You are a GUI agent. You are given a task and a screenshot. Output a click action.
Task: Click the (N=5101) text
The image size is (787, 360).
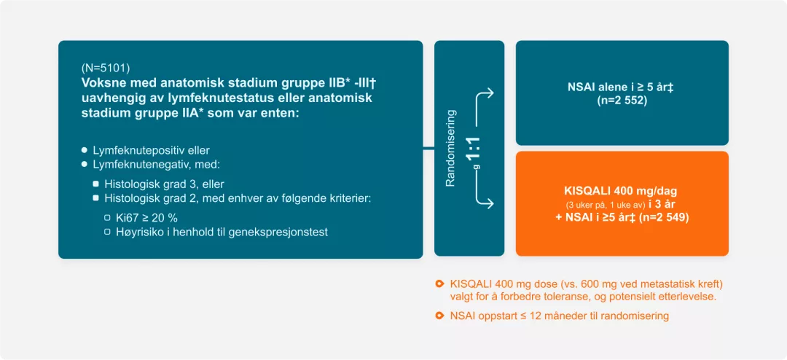point(106,69)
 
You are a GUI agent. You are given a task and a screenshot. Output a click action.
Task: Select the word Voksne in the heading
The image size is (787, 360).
point(103,83)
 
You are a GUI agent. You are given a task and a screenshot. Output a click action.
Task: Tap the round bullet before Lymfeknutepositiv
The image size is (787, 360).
point(85,150)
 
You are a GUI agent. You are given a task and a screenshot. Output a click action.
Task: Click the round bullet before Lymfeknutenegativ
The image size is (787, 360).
point(85,164)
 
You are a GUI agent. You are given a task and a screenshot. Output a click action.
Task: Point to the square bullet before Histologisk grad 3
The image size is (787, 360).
point(96,184)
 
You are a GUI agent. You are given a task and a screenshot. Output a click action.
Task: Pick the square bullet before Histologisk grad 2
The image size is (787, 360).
point(96,198)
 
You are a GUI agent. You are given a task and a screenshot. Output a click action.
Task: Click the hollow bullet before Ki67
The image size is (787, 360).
point(107,217)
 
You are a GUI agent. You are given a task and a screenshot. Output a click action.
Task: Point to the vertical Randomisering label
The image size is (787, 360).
point(450,148)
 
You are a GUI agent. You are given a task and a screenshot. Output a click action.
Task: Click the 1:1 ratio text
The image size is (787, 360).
point(474,148)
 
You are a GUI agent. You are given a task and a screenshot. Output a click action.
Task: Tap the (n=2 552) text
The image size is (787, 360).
point(622,100)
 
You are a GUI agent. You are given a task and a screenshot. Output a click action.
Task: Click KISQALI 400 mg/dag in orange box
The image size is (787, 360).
point(622,191)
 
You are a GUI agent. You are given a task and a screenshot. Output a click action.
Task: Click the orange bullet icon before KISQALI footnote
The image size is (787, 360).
point(439,283)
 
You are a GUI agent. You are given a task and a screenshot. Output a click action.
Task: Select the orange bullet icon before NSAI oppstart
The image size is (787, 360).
point(439,316)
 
